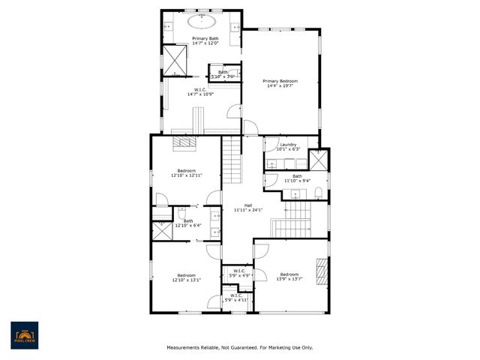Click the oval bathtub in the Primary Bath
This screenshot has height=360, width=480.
(x=204, y=22)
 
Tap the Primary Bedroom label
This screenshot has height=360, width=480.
(x=280, y=83)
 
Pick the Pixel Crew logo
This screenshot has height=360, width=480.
(x=25, y=334)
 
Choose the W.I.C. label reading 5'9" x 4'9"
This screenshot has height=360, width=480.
(x=239, y=273)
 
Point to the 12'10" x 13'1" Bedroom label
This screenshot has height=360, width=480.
(x=187, y=277)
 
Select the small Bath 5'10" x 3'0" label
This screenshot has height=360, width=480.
(x=223, y=74)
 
